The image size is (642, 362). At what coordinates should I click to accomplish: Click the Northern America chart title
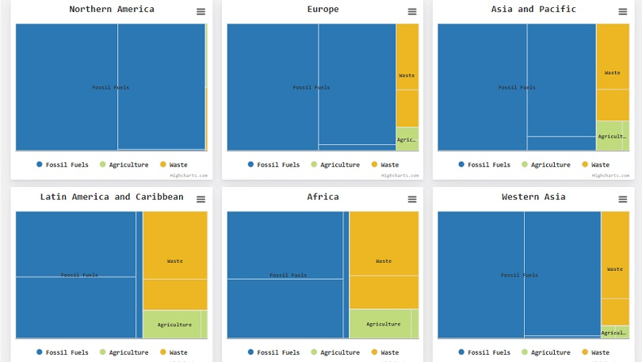coord(112,10)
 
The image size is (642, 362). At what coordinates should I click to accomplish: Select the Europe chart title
coord(323,10)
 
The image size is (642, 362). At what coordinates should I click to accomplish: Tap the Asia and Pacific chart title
coord(533,10)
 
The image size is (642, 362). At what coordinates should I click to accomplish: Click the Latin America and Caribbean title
coord(112,197)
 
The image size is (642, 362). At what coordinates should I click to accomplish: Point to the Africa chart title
coord(323,197)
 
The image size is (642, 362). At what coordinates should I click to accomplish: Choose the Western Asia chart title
coord(533,197)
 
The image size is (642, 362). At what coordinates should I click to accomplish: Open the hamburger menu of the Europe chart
coord(412,12)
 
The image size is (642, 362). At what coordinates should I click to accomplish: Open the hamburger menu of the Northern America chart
coord(201,12)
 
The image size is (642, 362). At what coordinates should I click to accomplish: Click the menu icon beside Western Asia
coord(623,200)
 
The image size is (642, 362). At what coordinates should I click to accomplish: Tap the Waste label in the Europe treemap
coord(407,76)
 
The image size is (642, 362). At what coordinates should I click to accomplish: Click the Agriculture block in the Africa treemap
coord(383,324)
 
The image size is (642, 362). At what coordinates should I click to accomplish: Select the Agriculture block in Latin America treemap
coord(174,325)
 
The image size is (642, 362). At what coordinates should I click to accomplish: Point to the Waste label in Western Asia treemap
coord(614,270)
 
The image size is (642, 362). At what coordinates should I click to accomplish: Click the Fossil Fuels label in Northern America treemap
coord(110,87)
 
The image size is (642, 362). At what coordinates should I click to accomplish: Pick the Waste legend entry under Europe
coord(385,165)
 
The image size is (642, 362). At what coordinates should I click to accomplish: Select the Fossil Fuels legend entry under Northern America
coord(62,165)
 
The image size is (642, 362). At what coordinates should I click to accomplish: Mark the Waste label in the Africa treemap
coord(384,261)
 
